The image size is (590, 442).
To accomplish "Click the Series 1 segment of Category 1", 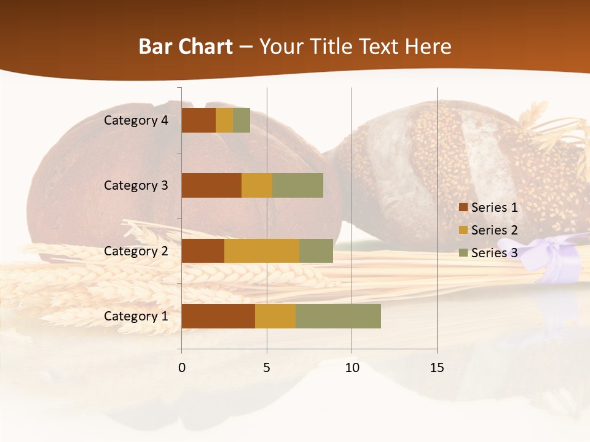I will pyautogui.click(x=218, y=316).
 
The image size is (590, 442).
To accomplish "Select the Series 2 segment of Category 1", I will pyautogui.click(x=275, y=316).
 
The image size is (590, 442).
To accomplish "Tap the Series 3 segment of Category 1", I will pyautogui.click(x=338, y=316).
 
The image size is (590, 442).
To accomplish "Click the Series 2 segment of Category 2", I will pyautogui.click(x=262, y=250).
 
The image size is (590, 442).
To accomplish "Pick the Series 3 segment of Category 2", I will pyautogui.click(x=316, y=250).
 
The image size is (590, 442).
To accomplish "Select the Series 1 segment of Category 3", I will pyautogui.click(x=211, y=185).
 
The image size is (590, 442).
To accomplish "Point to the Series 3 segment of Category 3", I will pyautogui.click(x=297, y=185).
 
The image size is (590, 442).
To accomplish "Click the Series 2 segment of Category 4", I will pyautogui.click(x=224, y=120).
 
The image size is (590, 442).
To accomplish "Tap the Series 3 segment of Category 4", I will pyautogui.click(x=242, y=120).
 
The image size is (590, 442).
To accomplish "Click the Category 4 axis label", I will pyautogui.click(x=136, y=120).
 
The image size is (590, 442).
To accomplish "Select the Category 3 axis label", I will pyautogui.click(x=136, y=185).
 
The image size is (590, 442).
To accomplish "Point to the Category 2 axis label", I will pyautogui.click(x=136, y=251).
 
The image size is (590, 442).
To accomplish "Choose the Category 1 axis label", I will pyautogui.click(x=136, y=316).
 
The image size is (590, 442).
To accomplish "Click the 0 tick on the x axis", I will pyautogui.click(x=181, y=368).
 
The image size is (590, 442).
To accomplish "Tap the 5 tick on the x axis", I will pyautogui.click(x=267, y=368).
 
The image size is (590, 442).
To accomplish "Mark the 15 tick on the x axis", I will pyautogui.click(x=436, y=368).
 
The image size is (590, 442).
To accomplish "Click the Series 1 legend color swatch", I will pyautogui.click(x=463, y=207).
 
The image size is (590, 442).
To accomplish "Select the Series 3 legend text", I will pyautogui.click(x=494, y=253).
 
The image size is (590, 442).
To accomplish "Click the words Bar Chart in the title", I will pyautogui.click(x=186, y=47).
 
